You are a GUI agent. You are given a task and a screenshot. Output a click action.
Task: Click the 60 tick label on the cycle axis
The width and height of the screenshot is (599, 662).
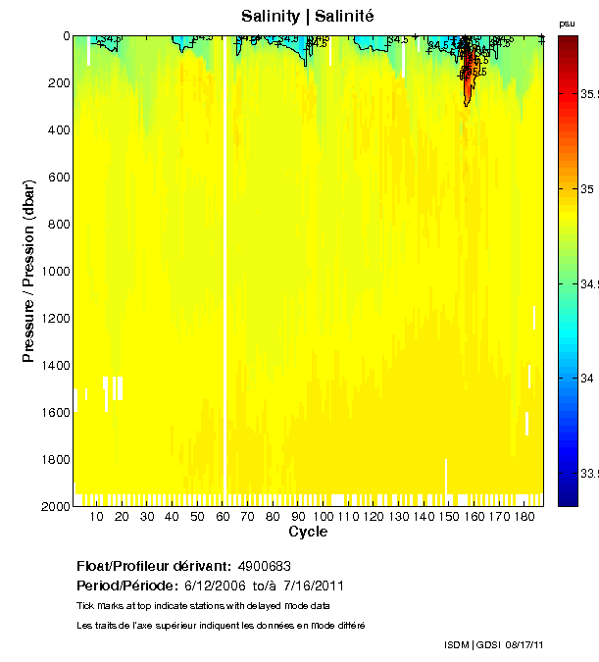coord(222,517)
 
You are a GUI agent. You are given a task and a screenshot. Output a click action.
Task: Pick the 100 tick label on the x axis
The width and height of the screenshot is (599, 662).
coord(322,517)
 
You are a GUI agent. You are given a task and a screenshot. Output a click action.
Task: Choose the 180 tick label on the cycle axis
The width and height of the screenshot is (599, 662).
coord(524,517)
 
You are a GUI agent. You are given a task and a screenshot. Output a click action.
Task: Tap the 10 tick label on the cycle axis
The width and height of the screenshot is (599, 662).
coord(96,517)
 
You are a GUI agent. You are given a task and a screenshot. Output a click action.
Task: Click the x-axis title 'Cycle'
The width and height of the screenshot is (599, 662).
coord(308,533)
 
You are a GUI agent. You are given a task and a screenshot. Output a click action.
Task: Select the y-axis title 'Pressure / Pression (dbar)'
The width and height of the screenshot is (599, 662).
coord(28,271)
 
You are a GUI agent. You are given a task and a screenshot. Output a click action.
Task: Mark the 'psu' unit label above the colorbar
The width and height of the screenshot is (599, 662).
coord(567,23)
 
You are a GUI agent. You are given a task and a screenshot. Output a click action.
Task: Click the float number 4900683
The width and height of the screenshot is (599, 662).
coord(264,567)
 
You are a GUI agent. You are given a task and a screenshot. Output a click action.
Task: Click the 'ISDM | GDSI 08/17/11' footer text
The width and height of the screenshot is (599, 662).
coord(494,644)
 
